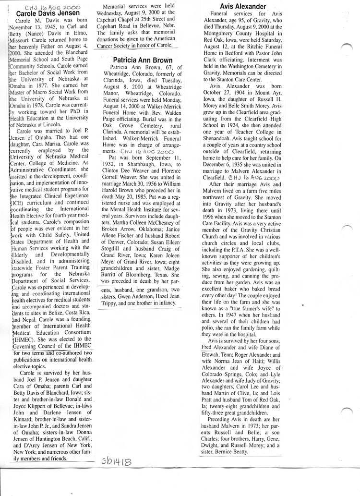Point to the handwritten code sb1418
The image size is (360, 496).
coord(117,463)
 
